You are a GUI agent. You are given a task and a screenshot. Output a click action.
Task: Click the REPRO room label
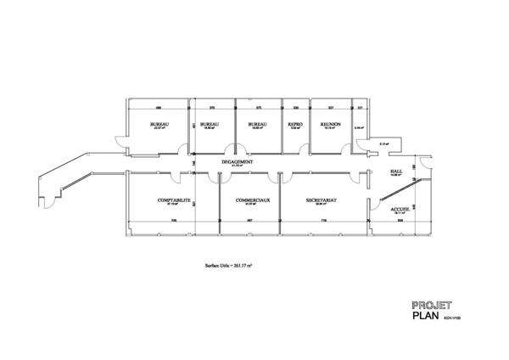point(295,124)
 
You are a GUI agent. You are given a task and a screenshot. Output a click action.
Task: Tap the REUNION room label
point(330,124)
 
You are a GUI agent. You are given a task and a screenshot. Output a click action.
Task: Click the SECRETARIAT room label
point(322,200)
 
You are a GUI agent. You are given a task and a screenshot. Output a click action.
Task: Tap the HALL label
point(396,171)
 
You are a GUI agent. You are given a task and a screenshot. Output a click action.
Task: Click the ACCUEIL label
point(400,208)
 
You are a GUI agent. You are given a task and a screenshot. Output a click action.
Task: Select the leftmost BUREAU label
point(158,124)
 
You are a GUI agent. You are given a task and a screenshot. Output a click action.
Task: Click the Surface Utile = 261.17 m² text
point(229,266)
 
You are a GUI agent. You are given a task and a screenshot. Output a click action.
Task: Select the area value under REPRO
point(295,128)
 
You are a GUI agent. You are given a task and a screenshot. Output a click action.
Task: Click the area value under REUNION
point(330,128)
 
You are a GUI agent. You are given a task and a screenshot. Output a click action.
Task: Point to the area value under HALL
point(396,175)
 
